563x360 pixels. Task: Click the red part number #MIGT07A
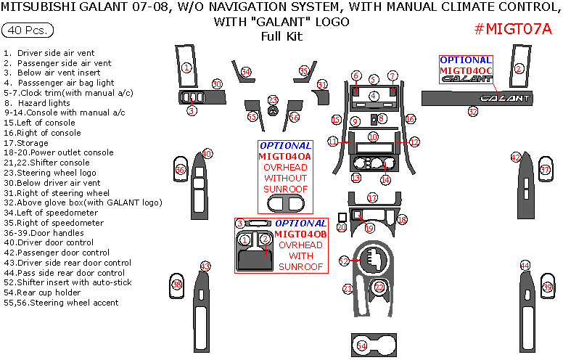pyautogui.click(x=512, y=29)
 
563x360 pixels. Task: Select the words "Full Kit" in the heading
pyautogui.click(x=281, y=36)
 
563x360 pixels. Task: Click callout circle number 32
pyautogui.click(x=473, y=112)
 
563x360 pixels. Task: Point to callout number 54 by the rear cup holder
pyautogui.click(x=361, y=347)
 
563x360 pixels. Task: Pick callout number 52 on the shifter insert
pyautogui.click(x=344, y=261)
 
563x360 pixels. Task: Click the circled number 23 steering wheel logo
pyautogui.click(x=273, y=100)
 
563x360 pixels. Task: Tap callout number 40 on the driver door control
pyautogui.click(x=207, y=154)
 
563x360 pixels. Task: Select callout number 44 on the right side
pyautogui.click(x=525, y=266)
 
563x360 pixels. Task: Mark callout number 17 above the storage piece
pyautogui.click(x=372, y=197)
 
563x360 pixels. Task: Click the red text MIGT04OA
pyautogui.click(x=285, y=156)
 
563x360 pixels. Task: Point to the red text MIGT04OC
pyautogui.click(x=465, y=70)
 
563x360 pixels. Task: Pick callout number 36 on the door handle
pyautogui.click(x=181, y=169)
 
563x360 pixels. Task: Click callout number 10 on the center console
pyautogui.click(x=372, y=137)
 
